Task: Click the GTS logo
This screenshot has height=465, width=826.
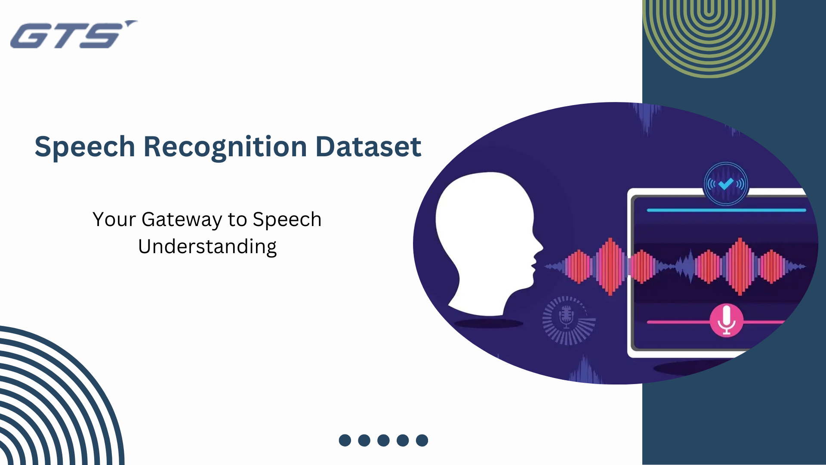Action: point(74,34)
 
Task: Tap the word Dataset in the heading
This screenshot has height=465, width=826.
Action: point(368,147)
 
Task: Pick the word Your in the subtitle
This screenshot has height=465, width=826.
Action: point(114,220)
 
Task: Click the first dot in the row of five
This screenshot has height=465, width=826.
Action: point(345,440)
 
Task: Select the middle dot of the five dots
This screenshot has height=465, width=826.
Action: point(383,440)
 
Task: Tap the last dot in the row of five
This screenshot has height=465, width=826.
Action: point(422,440)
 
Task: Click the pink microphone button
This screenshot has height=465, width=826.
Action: point(727,321)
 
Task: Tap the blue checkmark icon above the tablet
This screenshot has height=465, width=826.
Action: point(726,184)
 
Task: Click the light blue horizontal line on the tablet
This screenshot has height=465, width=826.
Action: point(726,210)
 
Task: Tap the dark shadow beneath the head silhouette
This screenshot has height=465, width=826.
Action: point(489,323)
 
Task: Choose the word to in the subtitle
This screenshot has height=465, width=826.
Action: point(237,220)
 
